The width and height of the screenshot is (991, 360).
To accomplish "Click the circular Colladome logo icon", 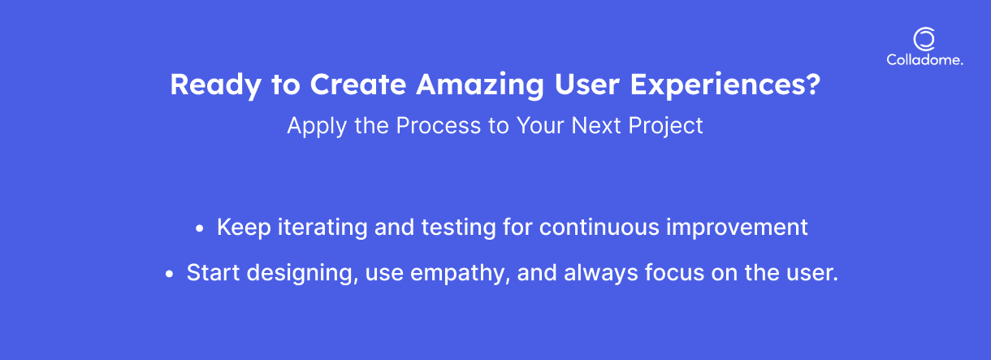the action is click(x=924, y=30).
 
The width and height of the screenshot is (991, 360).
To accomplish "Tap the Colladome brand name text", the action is click(x=924, y=59).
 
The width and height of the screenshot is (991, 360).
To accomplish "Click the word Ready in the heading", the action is click(x=216, y=85).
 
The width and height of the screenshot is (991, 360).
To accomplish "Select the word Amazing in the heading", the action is click(x=480, y=85).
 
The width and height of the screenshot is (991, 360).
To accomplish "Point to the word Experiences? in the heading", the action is click(x=725, y=84).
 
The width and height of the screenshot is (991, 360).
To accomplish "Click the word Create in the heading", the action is click(x=358, y=84).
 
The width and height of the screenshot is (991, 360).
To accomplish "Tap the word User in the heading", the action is click(x=587, y=85).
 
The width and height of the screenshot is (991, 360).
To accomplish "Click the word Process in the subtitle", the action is click(x=439, y=125).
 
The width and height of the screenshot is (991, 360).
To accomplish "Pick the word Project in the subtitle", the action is click(x=665, y=126).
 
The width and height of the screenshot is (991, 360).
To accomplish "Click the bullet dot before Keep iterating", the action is click(x=200, y=228).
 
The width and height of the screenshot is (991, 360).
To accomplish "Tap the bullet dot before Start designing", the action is click(x=169, y=274).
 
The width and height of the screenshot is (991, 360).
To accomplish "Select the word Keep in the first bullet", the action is click(x=244, y=228).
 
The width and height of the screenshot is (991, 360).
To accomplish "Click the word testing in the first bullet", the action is click(x=458, y=228).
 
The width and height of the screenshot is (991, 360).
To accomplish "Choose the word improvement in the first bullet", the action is click(x=737, y=228).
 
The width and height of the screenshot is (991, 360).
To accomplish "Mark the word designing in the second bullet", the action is click(x=303, y=274).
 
